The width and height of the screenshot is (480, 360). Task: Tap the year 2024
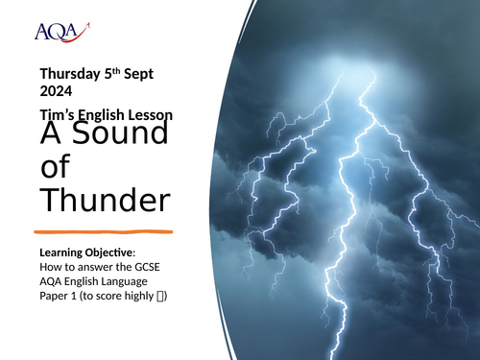[56, 93]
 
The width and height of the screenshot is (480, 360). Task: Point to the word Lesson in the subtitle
[151, 114]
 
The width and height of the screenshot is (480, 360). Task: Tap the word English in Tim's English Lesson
[103, 114]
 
